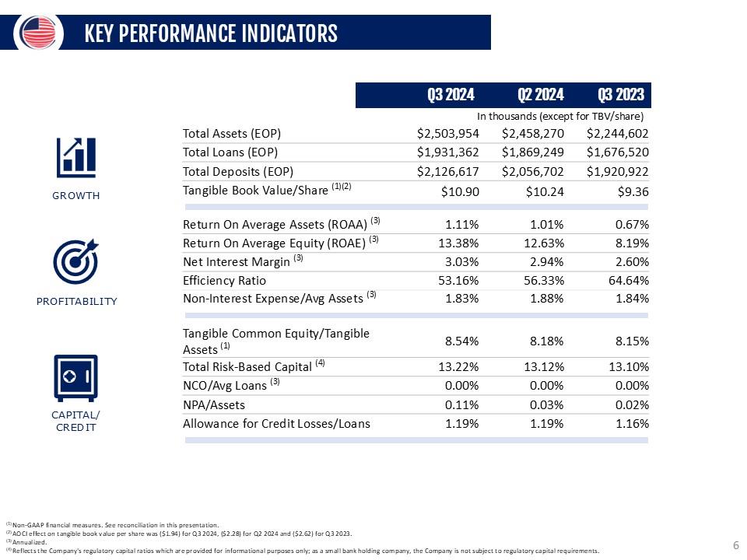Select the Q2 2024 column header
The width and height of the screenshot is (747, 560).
tap(540, 96)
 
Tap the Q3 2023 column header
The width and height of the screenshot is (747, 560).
tap(621, 96)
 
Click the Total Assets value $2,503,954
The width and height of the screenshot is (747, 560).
tap(448, 133)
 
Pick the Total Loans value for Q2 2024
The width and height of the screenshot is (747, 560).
tap(533, 152)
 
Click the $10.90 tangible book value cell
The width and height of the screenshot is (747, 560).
tap(460, 191)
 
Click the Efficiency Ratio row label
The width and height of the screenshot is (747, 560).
tap(224, 281)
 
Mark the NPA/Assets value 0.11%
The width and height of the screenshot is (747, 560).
tap(461, 404)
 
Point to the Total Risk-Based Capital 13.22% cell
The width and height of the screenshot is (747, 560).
tap(458, 367)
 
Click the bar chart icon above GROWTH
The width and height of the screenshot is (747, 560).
tap(76, 157)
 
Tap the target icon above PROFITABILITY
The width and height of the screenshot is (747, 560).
tap(75, 261)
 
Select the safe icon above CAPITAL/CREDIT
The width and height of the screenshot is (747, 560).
tap(75, 377)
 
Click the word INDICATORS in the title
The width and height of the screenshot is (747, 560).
tap(289, 33)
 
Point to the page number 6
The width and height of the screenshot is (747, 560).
tap(735, 545)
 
